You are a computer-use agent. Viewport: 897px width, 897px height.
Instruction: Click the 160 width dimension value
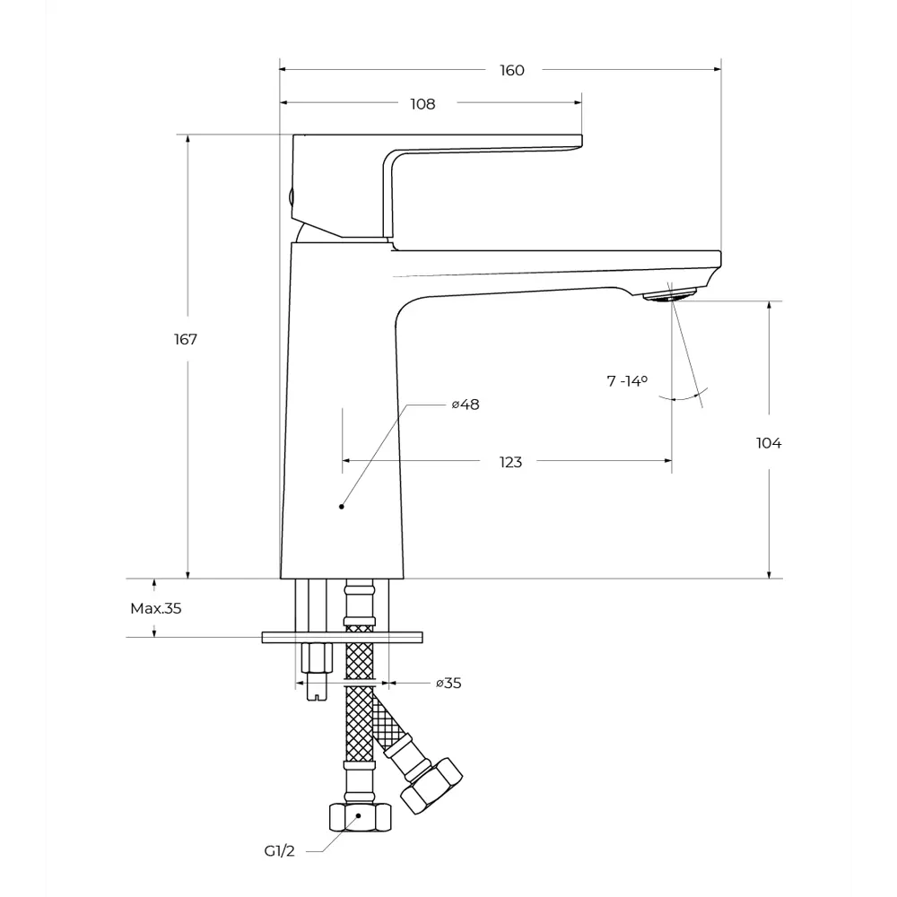[512, 70]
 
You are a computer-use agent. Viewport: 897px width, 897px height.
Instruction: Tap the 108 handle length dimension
[422, 104]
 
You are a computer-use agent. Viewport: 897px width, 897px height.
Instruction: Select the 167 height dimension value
[186, 339]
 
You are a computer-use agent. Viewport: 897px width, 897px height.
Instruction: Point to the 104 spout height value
[769, 443]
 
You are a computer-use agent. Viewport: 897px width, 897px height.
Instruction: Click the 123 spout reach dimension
[510, 462]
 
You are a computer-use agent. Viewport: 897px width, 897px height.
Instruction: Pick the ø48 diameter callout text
[465, 405]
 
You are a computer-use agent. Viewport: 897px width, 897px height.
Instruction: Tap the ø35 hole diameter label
[448, 683]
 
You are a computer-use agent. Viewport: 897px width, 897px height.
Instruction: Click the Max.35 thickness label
[155, 608]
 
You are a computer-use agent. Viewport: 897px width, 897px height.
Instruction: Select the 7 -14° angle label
[627, 380]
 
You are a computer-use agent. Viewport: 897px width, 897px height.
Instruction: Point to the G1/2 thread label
[279, 851]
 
